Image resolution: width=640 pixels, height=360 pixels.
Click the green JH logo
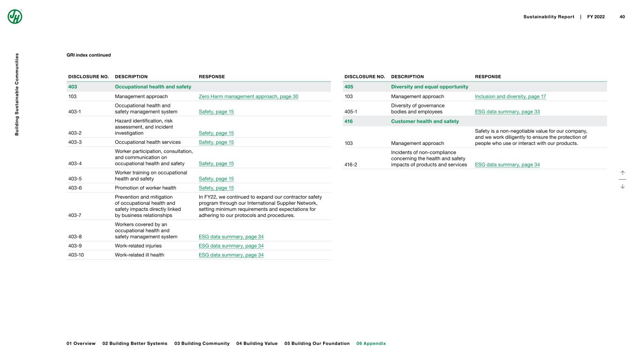coord(15,16)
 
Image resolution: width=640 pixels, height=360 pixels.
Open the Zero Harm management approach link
coord(248,97)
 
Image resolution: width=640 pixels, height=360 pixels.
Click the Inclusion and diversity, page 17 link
coord(510,97)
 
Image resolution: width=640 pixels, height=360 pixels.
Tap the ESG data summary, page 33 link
coord(507,112)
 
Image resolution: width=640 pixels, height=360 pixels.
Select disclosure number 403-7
coord(75,215)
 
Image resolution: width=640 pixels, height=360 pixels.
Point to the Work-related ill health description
coord(139,255)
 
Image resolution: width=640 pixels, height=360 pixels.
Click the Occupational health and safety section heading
coord(153,87)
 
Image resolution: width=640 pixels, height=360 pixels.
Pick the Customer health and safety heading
coord(425,121)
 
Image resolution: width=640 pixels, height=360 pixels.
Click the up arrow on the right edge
coord(622,172)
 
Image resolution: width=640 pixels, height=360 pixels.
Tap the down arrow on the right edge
coord(622,186)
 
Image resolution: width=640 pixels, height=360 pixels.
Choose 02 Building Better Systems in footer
coord(135,344)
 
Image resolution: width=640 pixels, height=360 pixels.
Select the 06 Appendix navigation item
coord(371,344)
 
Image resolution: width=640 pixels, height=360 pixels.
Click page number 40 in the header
coord(622,17)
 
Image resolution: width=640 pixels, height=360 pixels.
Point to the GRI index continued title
coord(89,55)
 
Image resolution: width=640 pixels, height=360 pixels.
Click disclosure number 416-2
coord(351,165)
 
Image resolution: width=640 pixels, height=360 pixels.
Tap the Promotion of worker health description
coord(145,188)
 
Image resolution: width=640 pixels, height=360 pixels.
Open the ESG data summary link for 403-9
coord(231,246)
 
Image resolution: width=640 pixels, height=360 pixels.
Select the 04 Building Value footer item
coord(257,344)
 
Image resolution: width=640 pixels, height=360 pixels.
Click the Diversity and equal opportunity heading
coord(429,87)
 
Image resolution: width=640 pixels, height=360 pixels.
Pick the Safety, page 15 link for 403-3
coord(216,142)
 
